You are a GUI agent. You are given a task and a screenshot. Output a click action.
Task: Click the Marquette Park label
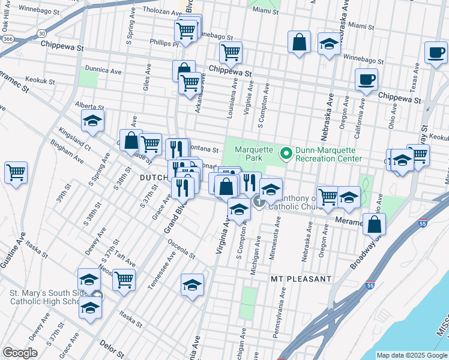(254, 154)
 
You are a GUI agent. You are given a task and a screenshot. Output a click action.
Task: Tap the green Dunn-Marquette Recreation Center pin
(286, 154)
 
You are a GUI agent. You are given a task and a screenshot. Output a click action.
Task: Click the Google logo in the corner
(20, 353)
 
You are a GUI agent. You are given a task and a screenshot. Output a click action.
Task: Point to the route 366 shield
(7, 38)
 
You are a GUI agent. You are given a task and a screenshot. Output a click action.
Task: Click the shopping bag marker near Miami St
(298, 43)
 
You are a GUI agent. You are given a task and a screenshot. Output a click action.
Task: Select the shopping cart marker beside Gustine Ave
(16, 172)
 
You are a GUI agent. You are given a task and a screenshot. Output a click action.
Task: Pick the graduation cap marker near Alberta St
(92, 121)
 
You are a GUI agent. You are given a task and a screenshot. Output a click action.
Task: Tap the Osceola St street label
(181, 250)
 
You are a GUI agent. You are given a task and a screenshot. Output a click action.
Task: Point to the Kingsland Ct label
(74, 138)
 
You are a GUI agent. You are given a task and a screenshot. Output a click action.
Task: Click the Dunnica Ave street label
(103, 70)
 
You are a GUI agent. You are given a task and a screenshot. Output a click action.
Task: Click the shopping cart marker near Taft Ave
(124, 278)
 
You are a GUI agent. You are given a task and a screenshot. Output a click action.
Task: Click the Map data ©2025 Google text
(411, 355)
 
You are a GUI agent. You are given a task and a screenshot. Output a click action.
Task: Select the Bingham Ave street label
(67, 152)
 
